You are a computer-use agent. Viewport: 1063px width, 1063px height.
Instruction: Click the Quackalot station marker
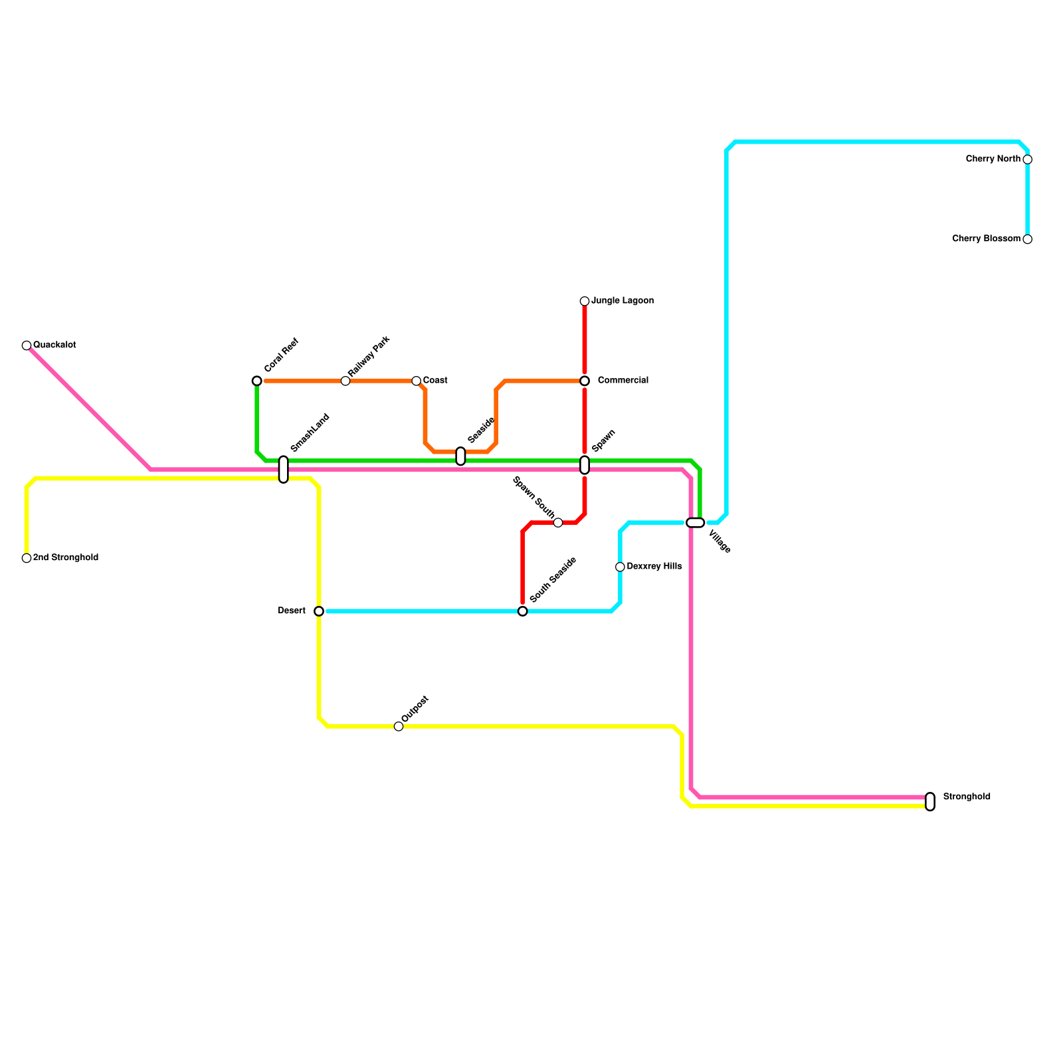point(27,345)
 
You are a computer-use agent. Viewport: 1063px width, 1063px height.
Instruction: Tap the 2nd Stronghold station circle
point(27,558)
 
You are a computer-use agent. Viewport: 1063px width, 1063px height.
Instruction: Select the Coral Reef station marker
point(257,381)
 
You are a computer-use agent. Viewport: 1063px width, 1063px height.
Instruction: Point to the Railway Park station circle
point(345,381)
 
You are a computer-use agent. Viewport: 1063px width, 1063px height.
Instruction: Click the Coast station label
point(435,381)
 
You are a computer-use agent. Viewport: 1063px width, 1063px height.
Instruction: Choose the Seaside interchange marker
point(460,456)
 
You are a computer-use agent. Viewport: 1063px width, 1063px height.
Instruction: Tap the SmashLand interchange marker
point(284,470)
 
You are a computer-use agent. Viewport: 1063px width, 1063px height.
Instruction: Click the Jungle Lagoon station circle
point(585,302)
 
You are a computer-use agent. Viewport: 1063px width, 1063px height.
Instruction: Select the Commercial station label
point(623,381)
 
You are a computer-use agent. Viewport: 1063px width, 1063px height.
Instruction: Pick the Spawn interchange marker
point(585,465)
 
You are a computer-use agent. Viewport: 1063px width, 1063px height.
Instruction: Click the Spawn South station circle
point(558,523)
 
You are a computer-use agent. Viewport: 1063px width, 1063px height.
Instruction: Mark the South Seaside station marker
point(523,611)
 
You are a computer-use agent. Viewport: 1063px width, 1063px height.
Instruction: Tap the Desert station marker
point(319,611)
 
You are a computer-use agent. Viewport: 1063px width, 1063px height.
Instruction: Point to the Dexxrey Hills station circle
point(620,567)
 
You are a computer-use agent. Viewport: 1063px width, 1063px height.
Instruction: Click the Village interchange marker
point(695,523)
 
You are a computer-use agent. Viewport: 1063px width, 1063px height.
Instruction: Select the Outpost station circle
point(399,726)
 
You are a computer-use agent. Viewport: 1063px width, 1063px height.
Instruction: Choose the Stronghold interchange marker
point(930,802)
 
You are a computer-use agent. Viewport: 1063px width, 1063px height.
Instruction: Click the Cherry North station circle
point(1028,159)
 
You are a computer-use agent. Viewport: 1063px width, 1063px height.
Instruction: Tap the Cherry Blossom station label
point(986,239)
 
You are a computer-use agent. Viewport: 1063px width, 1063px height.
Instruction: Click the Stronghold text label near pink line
point(967,797)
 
